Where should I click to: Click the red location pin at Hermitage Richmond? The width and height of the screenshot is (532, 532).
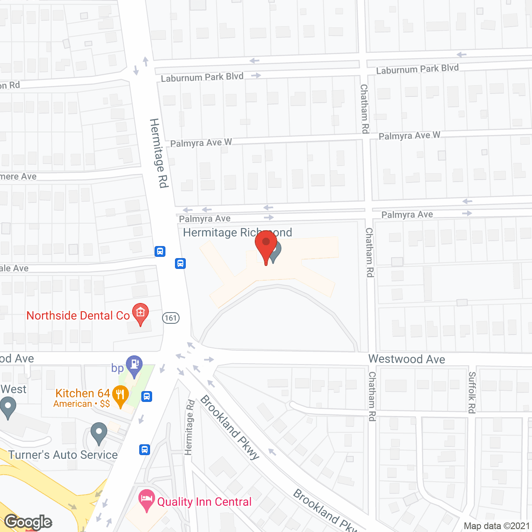click(x=266, y=245)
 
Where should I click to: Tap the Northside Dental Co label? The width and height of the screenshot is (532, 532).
click(x=78, y=316)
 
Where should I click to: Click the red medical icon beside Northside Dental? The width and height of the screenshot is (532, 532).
click(x=140, y=313)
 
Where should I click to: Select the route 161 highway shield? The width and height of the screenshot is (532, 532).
click(x=170, y=318)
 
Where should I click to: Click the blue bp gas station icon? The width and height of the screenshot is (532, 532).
click(x=134, y=365)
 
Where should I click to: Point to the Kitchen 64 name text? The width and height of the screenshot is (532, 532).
click(x=83, y=393)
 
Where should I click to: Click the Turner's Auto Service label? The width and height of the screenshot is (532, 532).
click(x=63, y=455)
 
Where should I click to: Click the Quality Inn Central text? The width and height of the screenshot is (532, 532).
click(x=204, y=502)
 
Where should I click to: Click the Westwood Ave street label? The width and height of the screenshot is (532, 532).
click(x=406, y=359)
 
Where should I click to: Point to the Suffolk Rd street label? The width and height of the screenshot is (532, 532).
click(x=472, y=392)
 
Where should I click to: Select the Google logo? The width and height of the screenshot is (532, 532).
click(x=28, y=522)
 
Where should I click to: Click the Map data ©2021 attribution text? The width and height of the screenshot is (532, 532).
click(x=497, y=526)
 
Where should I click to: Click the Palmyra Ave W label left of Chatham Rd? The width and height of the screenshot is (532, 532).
click(x=201, y=143)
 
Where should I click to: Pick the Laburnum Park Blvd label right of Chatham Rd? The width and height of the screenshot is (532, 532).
click(x=417, y=69)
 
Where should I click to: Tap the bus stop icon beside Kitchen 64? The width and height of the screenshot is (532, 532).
click(x=146, y=397)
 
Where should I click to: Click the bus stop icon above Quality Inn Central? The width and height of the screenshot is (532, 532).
click(x=145, y=449)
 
